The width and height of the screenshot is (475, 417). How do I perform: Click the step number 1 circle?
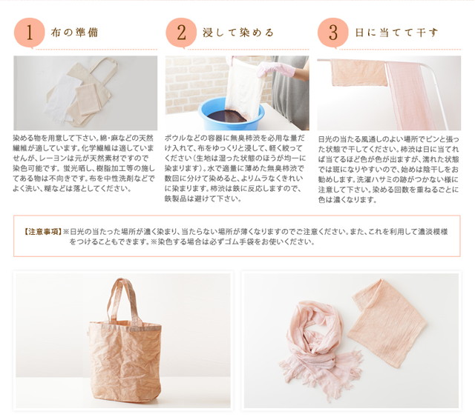[30, 33]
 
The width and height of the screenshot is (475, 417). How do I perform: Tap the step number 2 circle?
[181, 33]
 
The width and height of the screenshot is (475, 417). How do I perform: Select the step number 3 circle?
[333, 33]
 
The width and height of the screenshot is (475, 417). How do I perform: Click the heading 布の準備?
[74, 33]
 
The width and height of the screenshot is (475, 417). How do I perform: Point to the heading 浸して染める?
[238, 33]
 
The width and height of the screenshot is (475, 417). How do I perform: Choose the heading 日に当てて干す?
[397, 33]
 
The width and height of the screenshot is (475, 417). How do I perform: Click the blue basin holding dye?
[231, 114]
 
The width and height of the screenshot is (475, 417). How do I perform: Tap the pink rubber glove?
[275, 70]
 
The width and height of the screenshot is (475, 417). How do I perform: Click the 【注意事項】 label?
[43, 232]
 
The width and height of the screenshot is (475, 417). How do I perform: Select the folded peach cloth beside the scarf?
[387, 324]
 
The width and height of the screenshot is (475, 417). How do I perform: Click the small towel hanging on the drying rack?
[358, 73]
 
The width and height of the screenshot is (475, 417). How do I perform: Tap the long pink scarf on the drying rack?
[410, 96]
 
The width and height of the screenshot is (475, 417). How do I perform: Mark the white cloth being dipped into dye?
[244, 87]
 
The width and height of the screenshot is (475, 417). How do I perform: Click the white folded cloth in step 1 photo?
[62, 99]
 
